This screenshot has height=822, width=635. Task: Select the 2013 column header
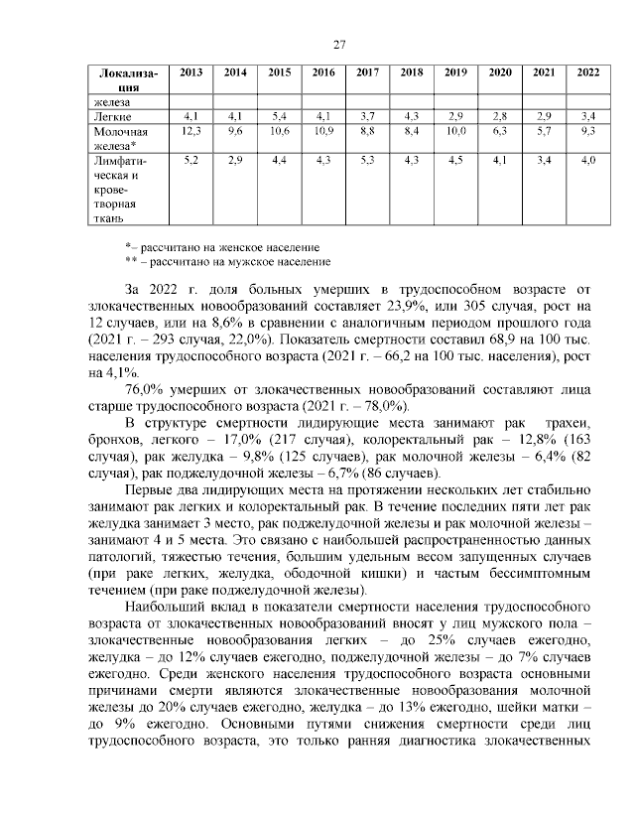[x=191, y=73]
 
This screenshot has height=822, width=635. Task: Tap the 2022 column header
[x=587, y=73]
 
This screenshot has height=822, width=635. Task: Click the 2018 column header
[x=412, y=73]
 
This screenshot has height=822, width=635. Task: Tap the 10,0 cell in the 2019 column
[x=455, y=131]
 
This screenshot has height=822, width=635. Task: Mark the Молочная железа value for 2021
[x=544, y=131]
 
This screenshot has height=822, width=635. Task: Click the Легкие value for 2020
[x=500, y=117]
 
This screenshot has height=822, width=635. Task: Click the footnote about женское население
[x=221, y=245]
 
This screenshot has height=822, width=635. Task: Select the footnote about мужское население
[x=227, y=261]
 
